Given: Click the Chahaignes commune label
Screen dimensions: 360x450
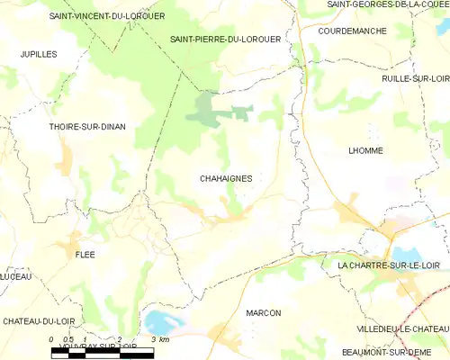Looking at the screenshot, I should [x=225, y=178].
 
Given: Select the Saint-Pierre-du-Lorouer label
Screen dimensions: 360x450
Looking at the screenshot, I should [x=225, y=40].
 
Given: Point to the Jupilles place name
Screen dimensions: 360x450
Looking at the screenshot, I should [x=39, y=54].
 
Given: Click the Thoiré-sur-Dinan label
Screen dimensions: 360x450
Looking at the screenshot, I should [x=86, y=127].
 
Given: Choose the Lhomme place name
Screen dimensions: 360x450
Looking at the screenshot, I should [x=365, y=150].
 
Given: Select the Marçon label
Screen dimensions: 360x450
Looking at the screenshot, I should [x=263, y=312].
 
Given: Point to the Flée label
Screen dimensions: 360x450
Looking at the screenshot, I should [x=85, y=255].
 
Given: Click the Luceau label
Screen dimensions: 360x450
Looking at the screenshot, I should [x=14, y=276].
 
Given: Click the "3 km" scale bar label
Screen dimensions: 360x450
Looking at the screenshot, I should [x=160, y=339].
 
